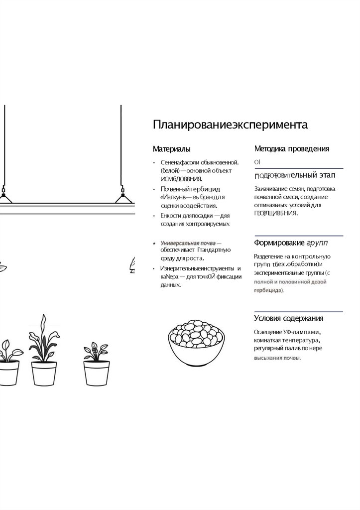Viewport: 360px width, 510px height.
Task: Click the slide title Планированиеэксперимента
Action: pos(230,125)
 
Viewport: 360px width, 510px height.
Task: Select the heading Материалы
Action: pos(171,149)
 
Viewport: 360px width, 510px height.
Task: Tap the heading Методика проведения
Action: pos(291,148)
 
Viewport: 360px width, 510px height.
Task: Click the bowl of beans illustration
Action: pos(195,340)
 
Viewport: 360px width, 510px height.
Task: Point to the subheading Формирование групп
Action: pos(291,243)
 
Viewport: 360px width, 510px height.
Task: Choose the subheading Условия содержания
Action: pos(289,318)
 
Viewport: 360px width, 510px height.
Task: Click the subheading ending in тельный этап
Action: pos(294,175)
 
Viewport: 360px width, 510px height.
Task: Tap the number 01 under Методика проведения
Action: pos(257,162)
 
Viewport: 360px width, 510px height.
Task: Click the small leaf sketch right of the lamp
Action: pos(132,264)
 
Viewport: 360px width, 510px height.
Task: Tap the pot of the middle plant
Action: pos(44,373)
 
